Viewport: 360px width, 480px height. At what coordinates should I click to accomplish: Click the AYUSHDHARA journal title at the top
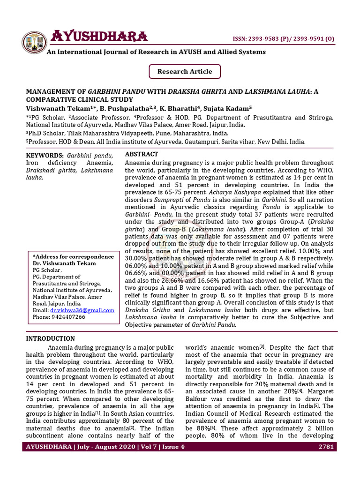[x=99, y=36]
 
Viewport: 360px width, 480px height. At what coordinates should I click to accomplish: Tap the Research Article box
[x=185, y=72]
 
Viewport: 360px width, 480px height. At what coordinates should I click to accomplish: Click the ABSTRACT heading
[x=142, y=154]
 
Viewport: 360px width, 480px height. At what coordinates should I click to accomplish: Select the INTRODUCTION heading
[x=50, y=338]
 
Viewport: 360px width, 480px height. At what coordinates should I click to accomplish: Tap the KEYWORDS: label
[x=45, y=155]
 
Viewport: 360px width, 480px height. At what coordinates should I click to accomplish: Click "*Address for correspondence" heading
[x=73, y=257]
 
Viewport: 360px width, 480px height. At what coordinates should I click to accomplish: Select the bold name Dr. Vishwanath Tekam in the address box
[x=64, y=263]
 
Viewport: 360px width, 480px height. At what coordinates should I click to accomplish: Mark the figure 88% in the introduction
[x=202, y=428]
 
